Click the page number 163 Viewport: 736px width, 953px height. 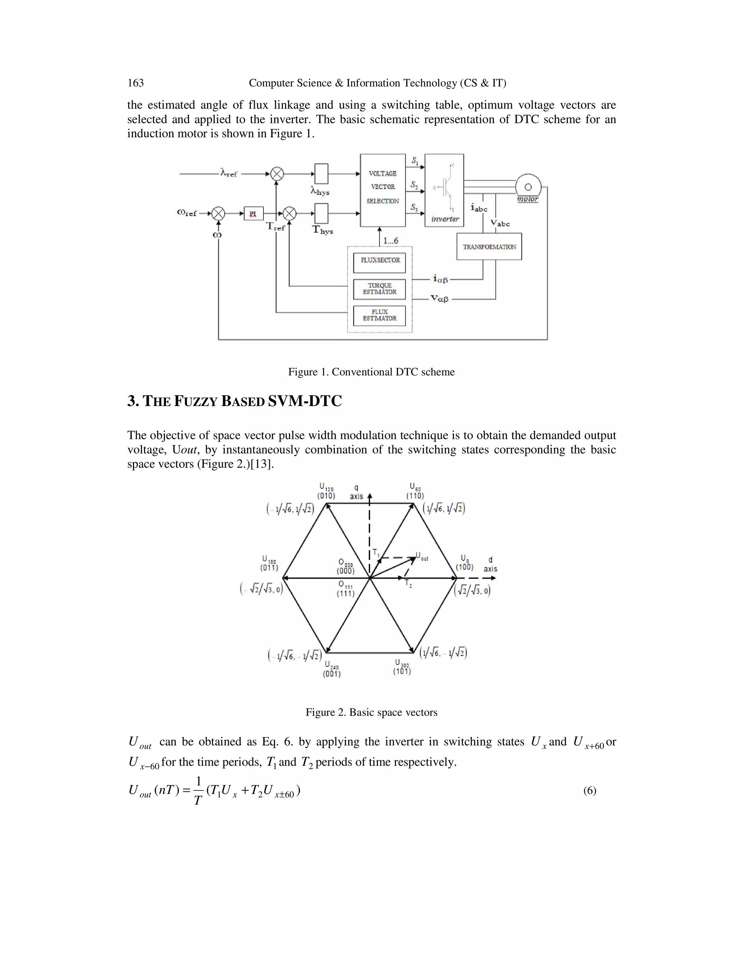(x=135, y=83)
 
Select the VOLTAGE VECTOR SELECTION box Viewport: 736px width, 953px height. (x=382, y=190)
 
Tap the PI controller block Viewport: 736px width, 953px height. (x=253, y=213)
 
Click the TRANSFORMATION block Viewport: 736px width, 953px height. (x=489, y=247)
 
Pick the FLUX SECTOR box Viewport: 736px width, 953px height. (x=380, y=262)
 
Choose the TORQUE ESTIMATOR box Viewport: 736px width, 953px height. (x=379, y=289)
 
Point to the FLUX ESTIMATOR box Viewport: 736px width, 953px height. (x=379, y=315)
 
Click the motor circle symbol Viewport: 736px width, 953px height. (x=528, y=187)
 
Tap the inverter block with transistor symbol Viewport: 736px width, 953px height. (x=444, y=190)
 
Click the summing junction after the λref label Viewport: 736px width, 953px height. (x=277, y=174)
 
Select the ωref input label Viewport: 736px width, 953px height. (x=187, y=213)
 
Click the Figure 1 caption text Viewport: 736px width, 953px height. (x=371, y=372)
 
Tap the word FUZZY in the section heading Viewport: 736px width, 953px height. (x=195, y=401)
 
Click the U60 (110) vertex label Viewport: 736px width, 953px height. (x=415, y=491)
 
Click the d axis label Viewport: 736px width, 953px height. (x=490, y=564)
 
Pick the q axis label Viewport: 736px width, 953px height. (x=356, y=492)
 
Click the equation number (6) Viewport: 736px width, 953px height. (x=589, y=790)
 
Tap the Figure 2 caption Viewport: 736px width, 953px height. (x=371, y=712)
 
